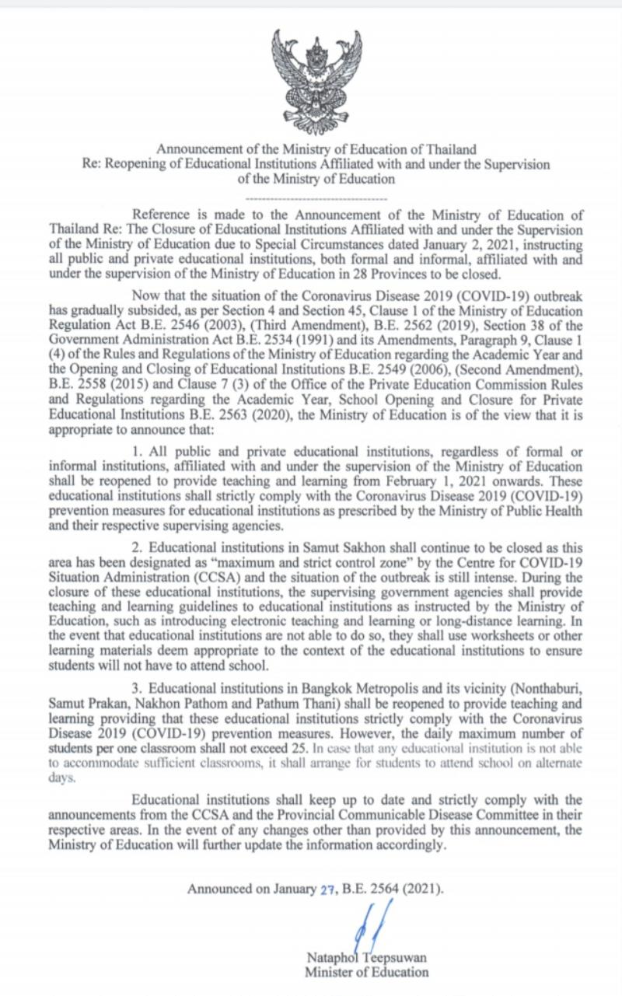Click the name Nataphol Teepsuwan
(366, 958)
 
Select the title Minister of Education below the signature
(366, 972)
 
